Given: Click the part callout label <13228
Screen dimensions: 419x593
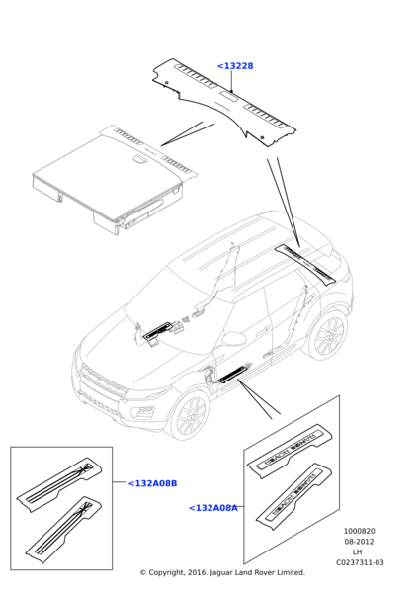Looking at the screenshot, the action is pos(235,66).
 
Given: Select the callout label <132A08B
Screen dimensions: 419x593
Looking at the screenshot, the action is pos(152,483).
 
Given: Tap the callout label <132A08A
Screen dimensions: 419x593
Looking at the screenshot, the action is pos(213,508).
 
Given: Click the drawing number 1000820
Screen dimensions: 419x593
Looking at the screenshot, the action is pos(360,531).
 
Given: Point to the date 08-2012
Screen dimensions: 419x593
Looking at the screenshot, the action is pos(359,542).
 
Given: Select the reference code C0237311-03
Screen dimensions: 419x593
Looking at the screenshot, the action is pos(360,562).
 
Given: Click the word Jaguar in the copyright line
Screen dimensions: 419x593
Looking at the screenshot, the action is pos(221,573).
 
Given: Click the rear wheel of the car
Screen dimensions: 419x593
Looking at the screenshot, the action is pos(329,334).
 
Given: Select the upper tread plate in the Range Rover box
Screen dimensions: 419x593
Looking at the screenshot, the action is pos(290,452).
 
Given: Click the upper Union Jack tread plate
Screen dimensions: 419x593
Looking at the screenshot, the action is pos(59,485).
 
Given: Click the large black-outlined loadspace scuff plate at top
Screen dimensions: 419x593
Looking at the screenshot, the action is pos(224,102).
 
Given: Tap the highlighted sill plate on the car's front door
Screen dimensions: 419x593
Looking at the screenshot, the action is pos(234,373).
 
